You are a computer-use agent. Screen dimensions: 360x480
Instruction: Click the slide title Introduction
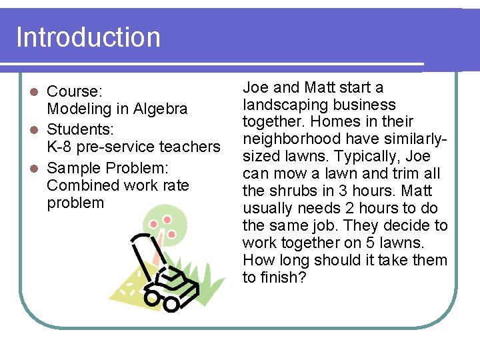[88, 37]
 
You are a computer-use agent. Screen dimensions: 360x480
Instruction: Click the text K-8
[60, 147]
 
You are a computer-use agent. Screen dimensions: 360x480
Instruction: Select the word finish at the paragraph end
[282, 278]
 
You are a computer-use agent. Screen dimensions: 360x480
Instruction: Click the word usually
[267, 209]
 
